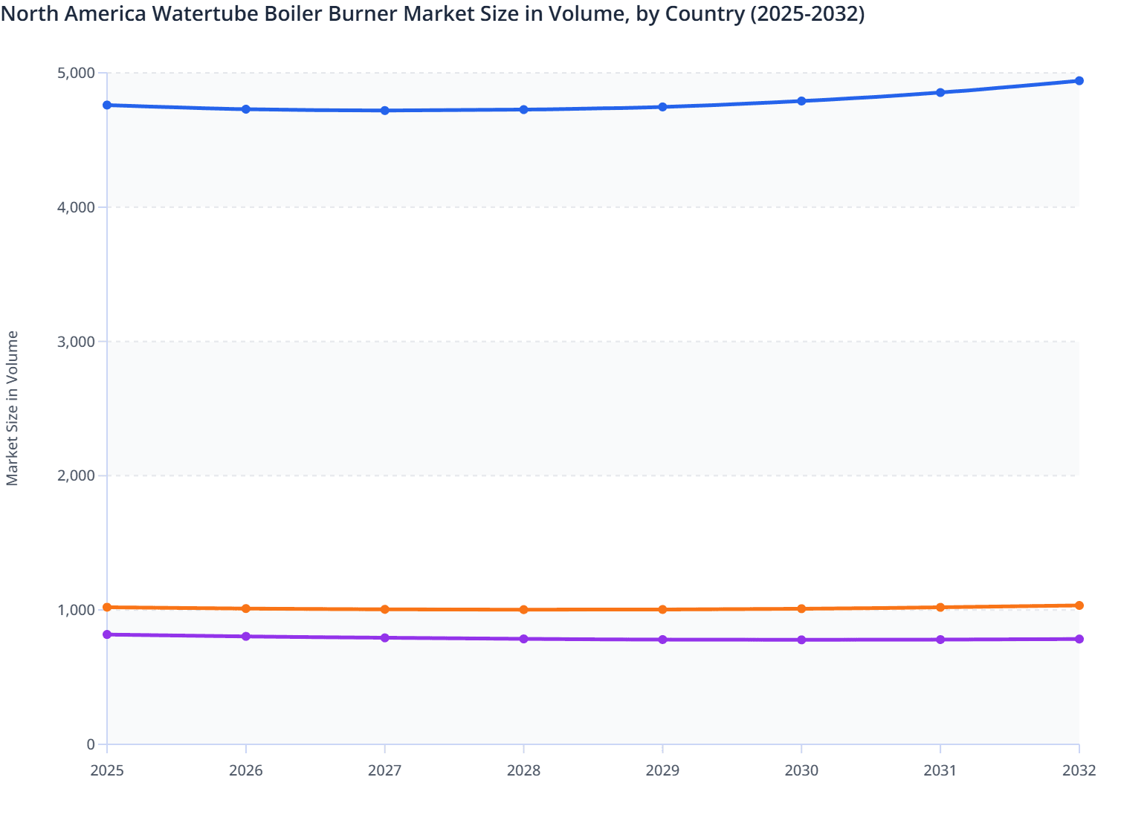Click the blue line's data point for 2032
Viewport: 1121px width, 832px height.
coord(1079,81)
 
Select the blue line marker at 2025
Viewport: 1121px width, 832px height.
coord(107,105)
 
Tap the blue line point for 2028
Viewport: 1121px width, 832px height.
coord(523,110)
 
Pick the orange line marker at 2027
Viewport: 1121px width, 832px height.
coord(385,609)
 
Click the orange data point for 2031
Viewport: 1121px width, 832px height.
coord(940,608)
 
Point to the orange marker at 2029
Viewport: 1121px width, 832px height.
coord(662,609)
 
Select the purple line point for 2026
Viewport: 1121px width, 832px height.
coord(246,637)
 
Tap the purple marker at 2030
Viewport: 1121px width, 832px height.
coord(801,640)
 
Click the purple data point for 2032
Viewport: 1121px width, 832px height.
coord(1079,639)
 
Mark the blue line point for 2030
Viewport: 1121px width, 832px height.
coord(801,101)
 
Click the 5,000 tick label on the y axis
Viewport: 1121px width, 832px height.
coord(76,73)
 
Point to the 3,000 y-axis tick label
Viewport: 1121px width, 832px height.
coord(76,342)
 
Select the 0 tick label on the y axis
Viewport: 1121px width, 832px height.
coord(91,744)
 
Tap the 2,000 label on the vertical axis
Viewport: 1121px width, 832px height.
coord(76,476)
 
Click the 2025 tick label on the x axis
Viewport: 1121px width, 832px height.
coord(107,770)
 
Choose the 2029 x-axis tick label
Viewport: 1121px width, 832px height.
coord(662,770)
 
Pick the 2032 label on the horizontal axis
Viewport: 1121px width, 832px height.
coord(1079,770)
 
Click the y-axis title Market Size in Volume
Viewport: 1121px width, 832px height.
coord(12,409)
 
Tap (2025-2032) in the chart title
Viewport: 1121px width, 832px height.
coord(807,13)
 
